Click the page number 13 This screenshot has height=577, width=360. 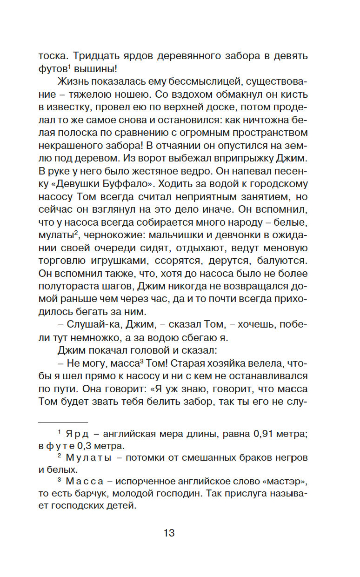click(169, 533)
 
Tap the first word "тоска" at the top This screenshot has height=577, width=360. click(52, 56)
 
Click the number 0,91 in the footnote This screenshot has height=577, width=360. click(251, 434)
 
